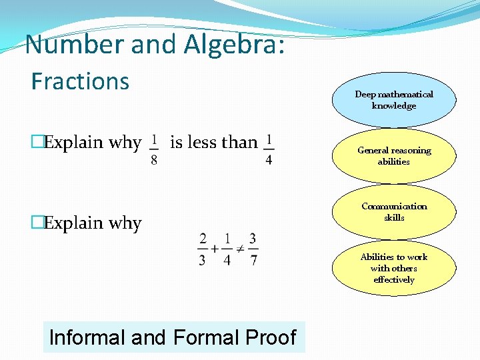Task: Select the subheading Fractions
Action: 80,81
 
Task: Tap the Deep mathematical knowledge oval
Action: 393,100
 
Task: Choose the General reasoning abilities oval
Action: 393,156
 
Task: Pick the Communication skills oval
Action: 393,212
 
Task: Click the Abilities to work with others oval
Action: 393,268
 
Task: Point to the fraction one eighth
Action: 154,150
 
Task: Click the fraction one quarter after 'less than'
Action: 269,150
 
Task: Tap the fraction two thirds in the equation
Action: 202,249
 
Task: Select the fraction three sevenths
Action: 253,249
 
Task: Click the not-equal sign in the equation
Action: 241,249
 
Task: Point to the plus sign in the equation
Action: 215,249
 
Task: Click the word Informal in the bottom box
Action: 88,337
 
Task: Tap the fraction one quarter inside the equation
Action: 227,249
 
